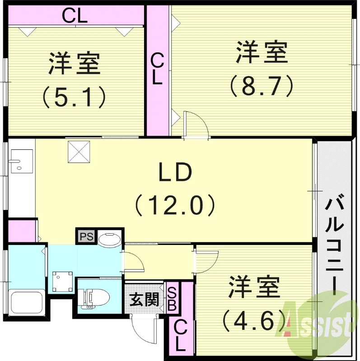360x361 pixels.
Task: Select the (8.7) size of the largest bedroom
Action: point(261,86)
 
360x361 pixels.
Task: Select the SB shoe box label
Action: point(172,298)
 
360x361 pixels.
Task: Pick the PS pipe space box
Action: point(85,236)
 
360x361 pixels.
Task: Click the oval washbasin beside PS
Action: point(108,239)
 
